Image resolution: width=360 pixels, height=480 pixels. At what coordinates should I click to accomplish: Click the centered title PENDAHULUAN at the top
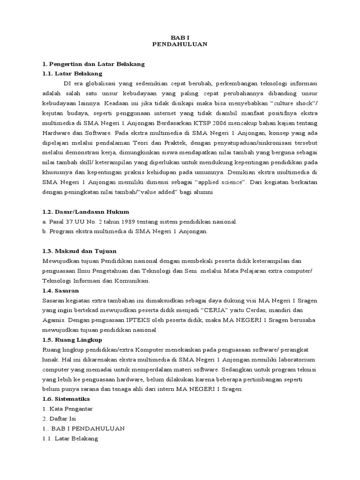(180, 44)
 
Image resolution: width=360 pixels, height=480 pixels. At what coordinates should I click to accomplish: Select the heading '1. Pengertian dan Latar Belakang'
(93, 63)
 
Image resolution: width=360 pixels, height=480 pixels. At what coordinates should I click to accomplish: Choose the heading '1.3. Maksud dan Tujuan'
(79, 251)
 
